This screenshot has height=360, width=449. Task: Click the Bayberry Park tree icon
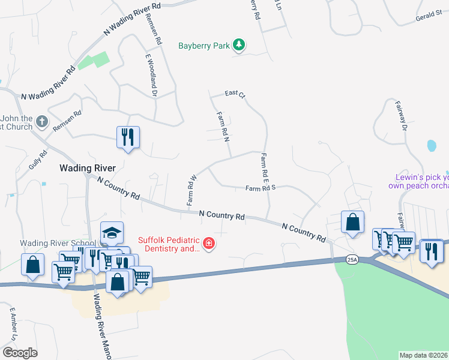(239, 45)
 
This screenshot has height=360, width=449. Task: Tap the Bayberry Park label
(204, 46)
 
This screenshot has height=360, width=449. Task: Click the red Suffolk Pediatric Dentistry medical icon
(209, 244)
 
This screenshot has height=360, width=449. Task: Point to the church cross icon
(41, 122)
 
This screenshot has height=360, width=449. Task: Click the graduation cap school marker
(112, 233)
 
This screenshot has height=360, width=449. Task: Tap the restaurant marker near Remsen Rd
(128, 137)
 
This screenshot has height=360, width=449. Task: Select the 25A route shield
(352, 259)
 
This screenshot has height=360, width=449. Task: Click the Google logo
(19, 352)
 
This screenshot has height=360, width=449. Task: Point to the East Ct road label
(235, 94)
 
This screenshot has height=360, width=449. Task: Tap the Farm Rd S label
(260, 188)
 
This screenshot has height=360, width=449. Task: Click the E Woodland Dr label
(150, 75)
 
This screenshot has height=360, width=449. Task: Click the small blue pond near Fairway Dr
(431, 145)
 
